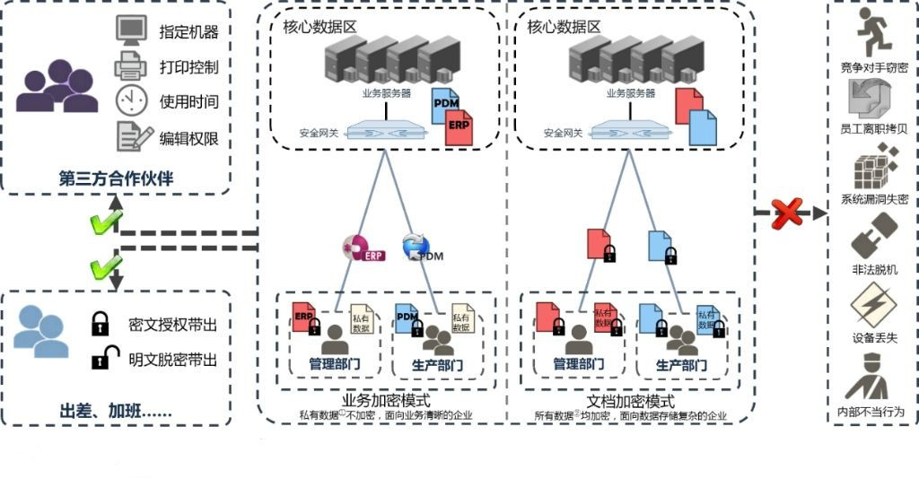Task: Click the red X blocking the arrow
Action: [x=786, y=213]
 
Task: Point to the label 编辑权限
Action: [x=188, y=138]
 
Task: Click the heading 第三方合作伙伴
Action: [x=116, y=178]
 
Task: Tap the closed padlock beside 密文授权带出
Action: [x=101, y=323]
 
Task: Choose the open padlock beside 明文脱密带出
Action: [x=101, y=359]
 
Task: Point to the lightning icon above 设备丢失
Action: [x=870, y=306]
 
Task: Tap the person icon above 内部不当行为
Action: [x=870, y=378]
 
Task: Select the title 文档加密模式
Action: [x=630, y=402]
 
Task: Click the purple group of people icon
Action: [x=57, y=87]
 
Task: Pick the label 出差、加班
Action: [x=116, y=412]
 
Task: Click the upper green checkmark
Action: [x=106, y=225]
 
